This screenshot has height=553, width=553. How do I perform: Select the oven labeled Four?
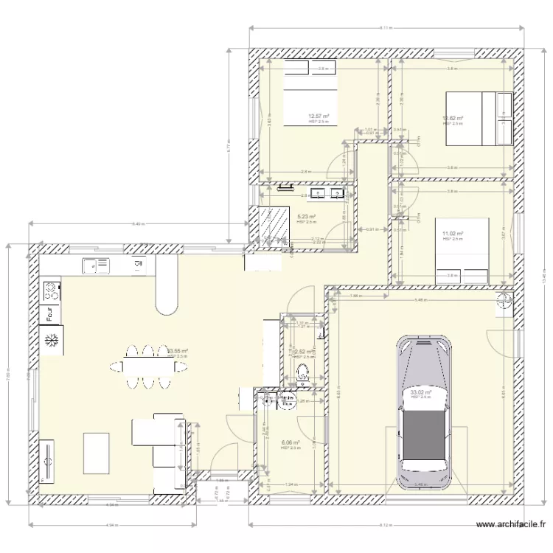point(51,314)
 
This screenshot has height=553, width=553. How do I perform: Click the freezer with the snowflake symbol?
point(52,341)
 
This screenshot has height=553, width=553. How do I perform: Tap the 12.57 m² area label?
point(319,116)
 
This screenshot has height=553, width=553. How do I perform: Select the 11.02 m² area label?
point(452,234)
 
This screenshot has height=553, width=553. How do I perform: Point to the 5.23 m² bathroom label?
point(307,217)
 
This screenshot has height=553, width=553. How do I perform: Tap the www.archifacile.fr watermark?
point(510,525)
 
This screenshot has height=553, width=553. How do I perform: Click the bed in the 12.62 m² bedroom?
point(479,118)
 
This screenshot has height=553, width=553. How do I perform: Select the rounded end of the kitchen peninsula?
point(167,299)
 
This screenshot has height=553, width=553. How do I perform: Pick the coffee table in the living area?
point(97,453)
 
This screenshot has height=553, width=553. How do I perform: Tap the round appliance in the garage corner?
point(504,299)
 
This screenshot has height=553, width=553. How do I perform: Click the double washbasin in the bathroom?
point(327,194)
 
